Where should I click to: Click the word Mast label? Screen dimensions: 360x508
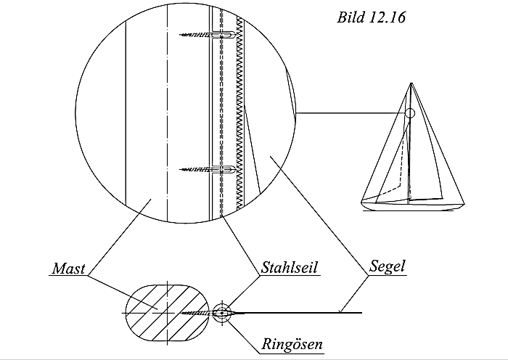click(x=69, y=269)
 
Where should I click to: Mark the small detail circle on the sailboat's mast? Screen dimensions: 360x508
click(x=409, y=113)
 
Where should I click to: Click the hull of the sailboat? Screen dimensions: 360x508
click(x=414, y=206)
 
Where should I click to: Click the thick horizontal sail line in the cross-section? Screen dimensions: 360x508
click(x=305, y=314)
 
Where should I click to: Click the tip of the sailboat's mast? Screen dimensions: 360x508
click(x=411, y=83)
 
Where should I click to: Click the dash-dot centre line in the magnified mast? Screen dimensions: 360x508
click(x=167, y=109)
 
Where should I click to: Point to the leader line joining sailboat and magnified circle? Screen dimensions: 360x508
click(x=348, y=113)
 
